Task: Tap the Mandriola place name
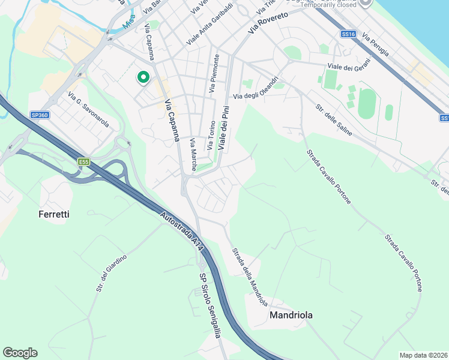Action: [x=291, y=314]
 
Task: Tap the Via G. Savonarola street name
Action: [x=89, y=109]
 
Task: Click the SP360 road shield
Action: [x=40, y=115]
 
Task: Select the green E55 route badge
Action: [x=83, y=161]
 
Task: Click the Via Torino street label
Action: [x=211, y=135]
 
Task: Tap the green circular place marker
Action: [x=143, y=77]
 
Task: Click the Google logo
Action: [x=20, y=352]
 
